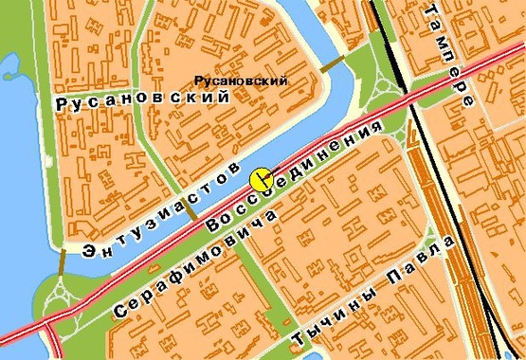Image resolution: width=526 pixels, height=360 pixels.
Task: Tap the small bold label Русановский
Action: tap(240, 81)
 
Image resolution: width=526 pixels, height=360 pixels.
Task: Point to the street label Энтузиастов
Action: tap(160, 213)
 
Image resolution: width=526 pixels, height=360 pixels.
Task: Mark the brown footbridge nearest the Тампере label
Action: tap(333, 63)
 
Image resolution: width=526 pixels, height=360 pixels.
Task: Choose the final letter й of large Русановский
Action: tap(224, 96)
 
